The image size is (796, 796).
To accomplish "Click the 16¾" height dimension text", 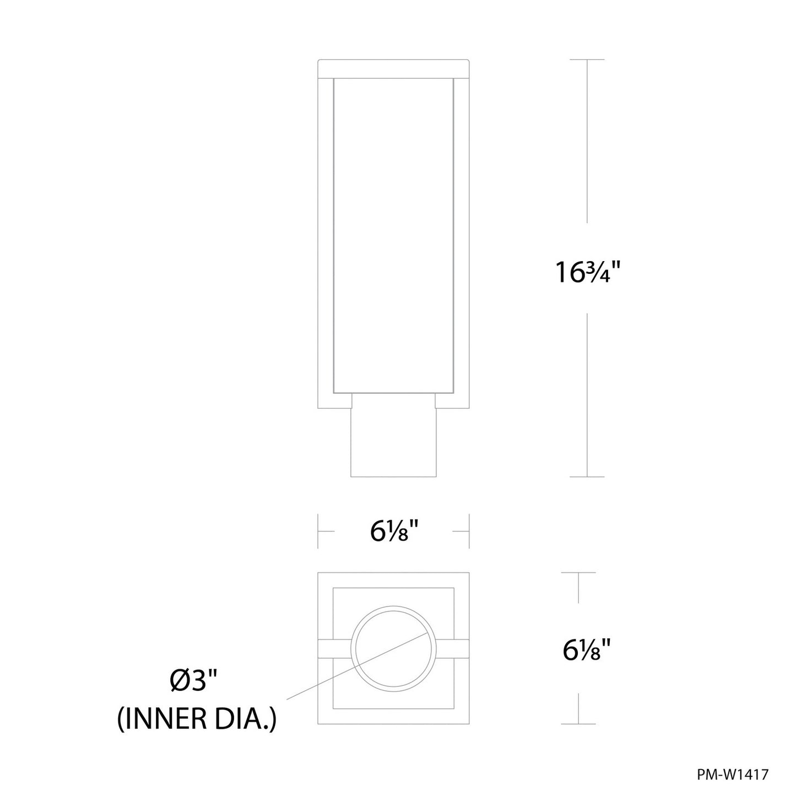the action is (x=588, y=272).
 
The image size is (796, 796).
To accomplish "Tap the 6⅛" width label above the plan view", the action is (x=394, y=532).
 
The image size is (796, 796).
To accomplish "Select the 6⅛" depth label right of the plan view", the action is (x=587, y=650).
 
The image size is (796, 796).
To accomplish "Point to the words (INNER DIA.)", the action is (x=197, y=719).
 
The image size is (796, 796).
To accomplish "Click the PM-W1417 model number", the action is (x=733, y=773).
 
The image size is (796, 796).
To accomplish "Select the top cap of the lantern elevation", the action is (x=393, y=68).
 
